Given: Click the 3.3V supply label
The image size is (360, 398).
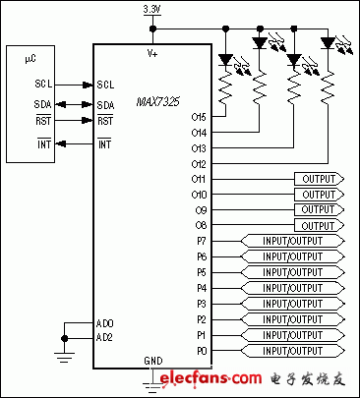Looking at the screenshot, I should tap(150, 9).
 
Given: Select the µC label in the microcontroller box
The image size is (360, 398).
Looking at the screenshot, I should tap(30, 59).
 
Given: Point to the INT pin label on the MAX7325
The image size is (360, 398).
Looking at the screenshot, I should tap(104, 144).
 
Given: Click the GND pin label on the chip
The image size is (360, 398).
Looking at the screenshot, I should tap(151, 360).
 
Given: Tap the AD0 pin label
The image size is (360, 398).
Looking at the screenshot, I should tap(105, 322).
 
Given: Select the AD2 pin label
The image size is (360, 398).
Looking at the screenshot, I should tap(105, 337).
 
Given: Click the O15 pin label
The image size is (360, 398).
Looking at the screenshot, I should tap(199, 116).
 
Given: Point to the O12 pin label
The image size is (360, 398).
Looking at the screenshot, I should tap(199, 163).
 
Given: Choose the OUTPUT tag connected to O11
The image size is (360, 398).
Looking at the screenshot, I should tap(318, 179).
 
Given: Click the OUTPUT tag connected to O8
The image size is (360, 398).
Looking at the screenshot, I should tap(318, 225).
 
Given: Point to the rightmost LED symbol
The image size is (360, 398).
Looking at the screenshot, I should tap(328, 42).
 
